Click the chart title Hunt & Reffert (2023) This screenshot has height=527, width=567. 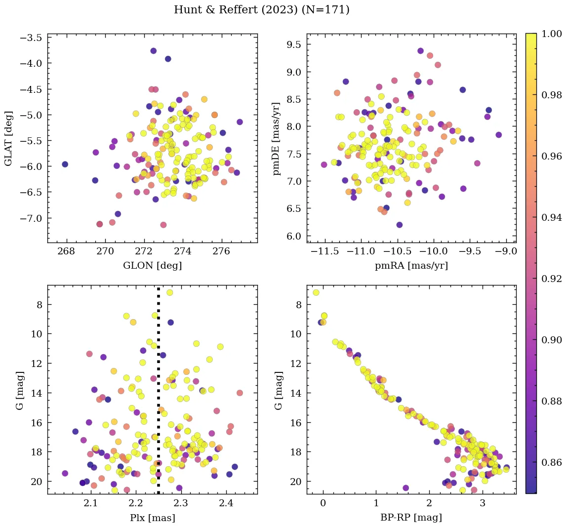click(x=261, y=10)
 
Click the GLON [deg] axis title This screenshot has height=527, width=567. click(x=152, y=266)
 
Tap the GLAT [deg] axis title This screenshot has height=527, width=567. click(x=9, y=138)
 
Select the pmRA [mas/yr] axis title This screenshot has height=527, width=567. click(x=411, y=266)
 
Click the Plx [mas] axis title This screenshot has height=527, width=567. click(x=152, y=518)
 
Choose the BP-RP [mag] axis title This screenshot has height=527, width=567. click(x=411, y=518)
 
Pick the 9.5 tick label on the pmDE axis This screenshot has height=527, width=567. click(x=294, y=44)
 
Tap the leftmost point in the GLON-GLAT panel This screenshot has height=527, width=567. click(x=65, y=164)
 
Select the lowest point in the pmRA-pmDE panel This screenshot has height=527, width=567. click(x=400, y=225)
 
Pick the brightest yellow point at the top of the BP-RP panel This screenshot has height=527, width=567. click(x=316, y=292)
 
